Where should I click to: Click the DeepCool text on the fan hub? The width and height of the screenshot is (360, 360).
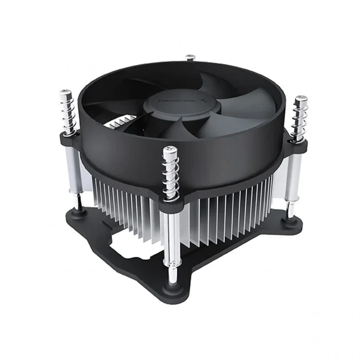pos(172,102)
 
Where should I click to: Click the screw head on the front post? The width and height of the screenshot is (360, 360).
pos(171,150)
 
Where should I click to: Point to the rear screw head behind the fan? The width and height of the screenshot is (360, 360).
pos(191,57)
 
